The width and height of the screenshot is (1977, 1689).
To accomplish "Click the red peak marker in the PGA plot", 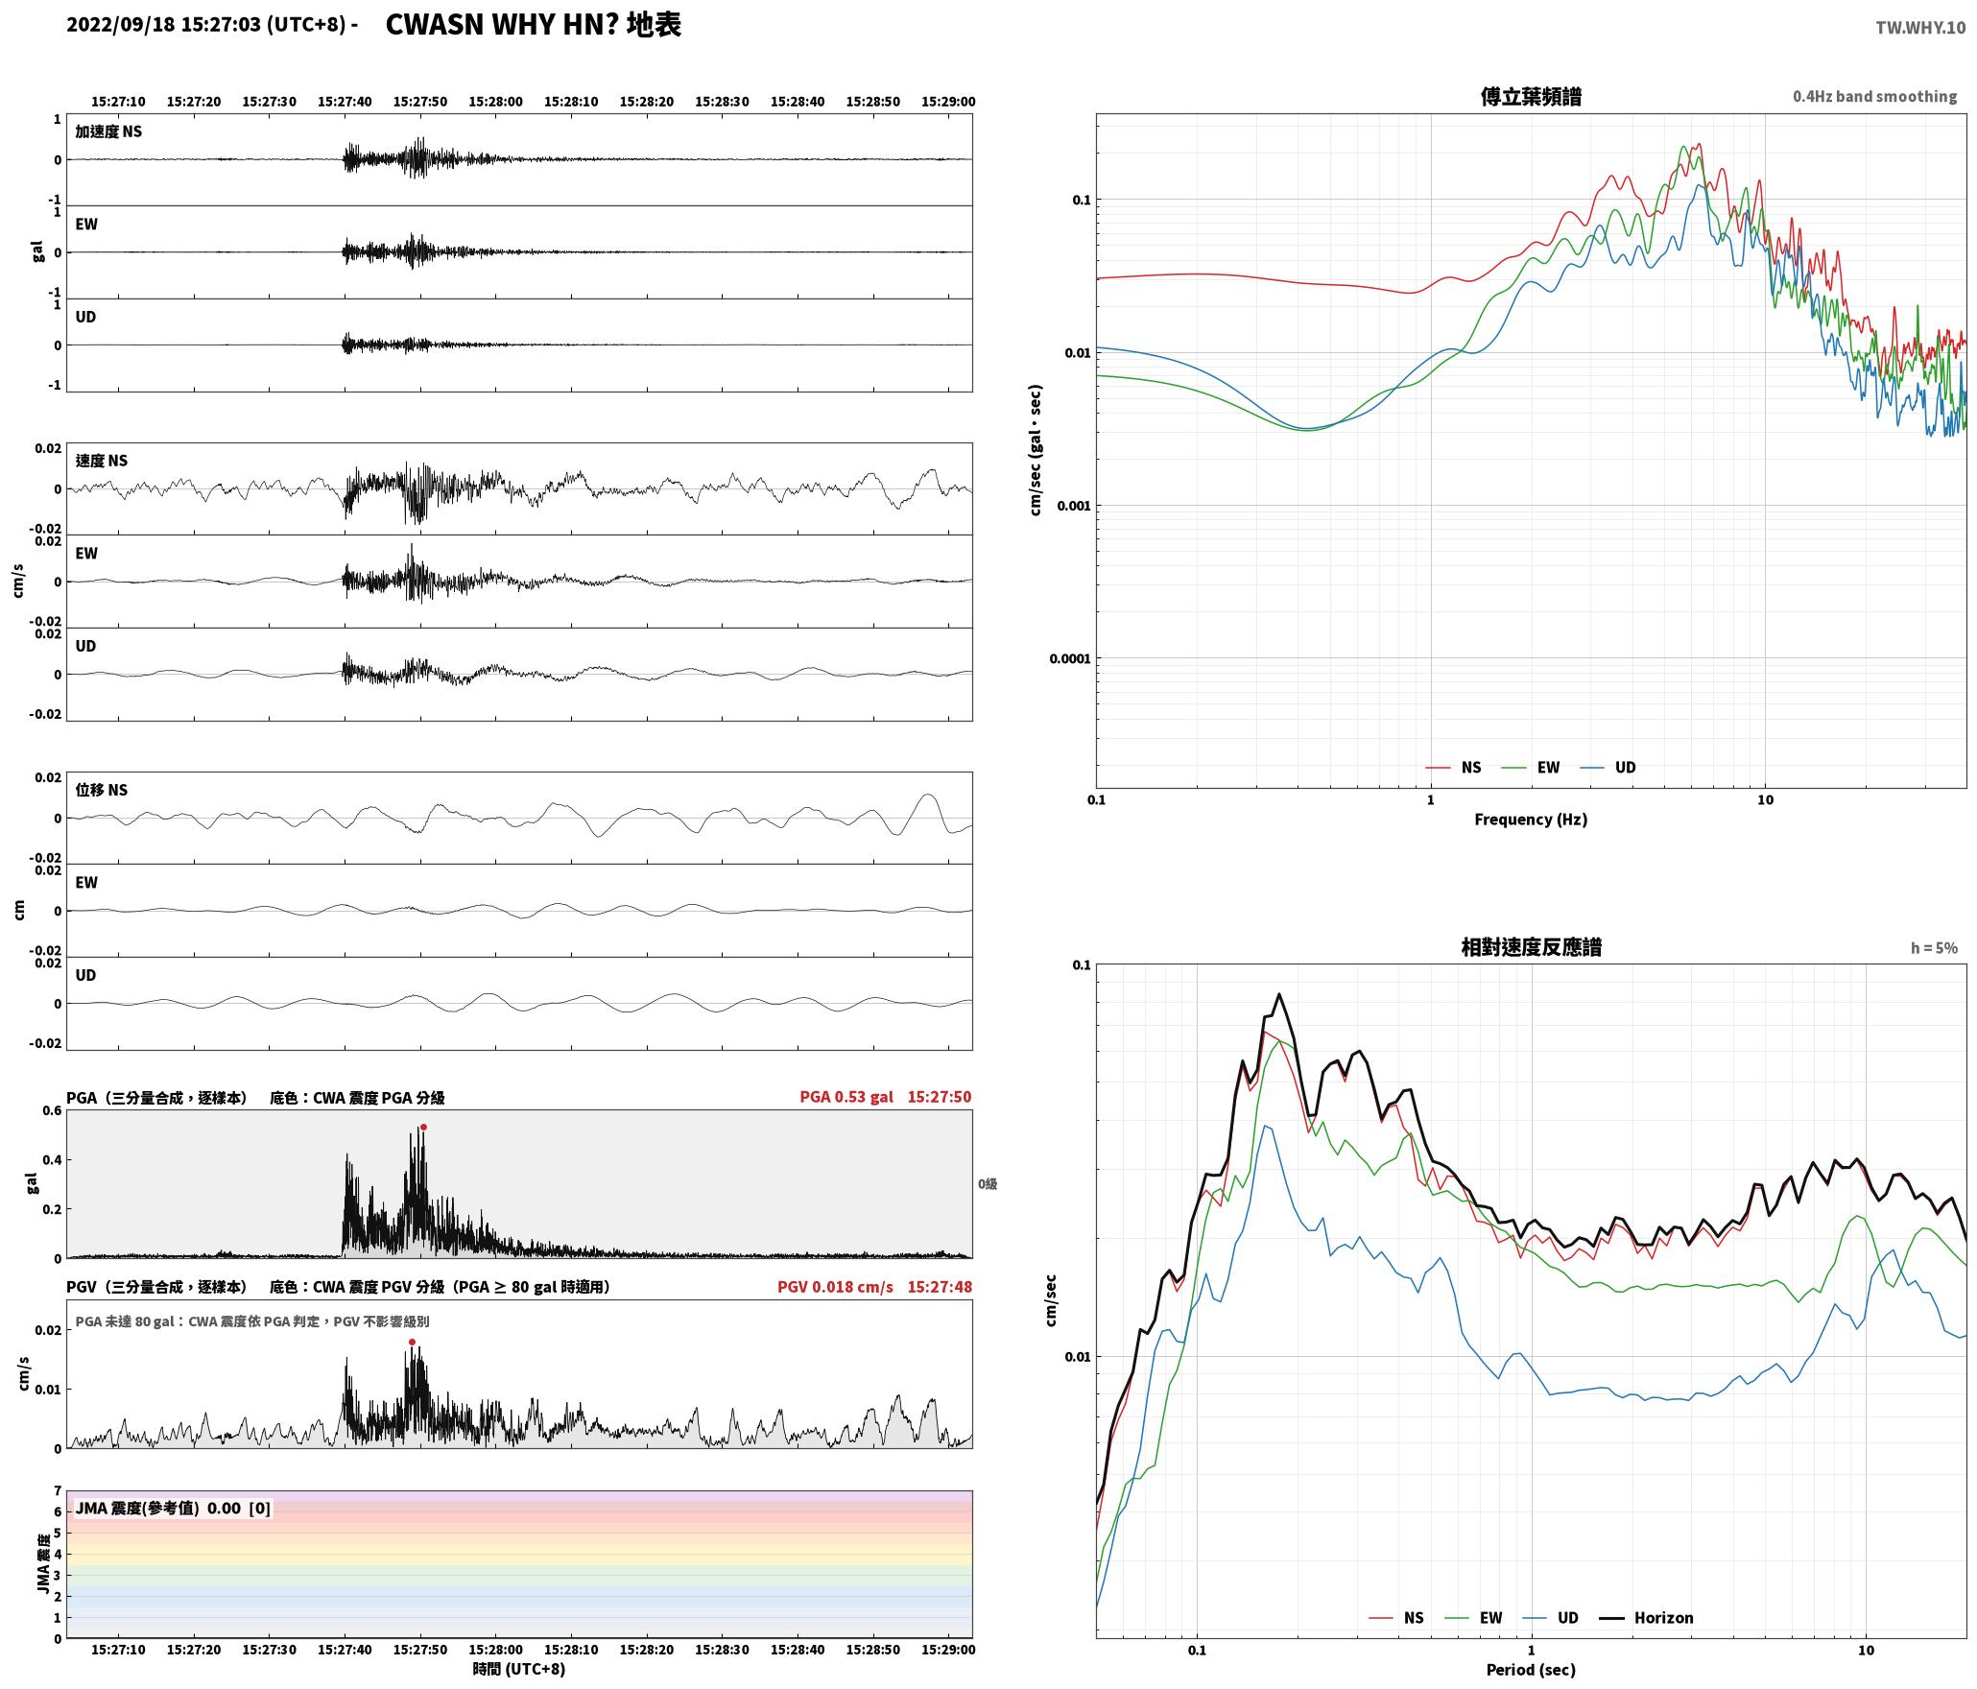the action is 423,1128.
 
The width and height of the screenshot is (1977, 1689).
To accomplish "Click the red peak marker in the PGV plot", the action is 412,1343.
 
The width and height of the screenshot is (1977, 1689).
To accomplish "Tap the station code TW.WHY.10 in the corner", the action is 1920,28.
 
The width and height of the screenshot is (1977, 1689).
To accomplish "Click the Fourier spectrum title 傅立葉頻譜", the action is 1531,96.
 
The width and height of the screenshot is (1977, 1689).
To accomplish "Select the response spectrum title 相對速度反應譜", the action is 1531,947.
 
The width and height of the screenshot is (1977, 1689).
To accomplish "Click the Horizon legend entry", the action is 1647,1618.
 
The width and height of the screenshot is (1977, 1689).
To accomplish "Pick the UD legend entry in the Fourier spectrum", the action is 1608,768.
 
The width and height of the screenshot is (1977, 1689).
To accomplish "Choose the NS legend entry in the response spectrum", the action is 1396,1618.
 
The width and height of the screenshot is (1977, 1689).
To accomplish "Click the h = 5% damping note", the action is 1934,948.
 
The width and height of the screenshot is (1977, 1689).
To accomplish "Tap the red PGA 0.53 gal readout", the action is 846,1097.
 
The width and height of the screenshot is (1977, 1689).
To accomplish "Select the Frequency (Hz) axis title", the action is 1531,820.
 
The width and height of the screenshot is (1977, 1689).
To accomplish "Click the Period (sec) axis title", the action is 1531,1670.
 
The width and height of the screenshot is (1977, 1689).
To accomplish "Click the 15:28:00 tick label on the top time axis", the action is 495,102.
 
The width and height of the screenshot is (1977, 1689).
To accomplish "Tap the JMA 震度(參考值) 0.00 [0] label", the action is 173,1509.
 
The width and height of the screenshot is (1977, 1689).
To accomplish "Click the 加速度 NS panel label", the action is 108,131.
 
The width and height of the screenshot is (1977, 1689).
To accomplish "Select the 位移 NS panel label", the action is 102,790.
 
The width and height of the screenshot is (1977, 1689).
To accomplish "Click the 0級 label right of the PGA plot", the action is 988,1184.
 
